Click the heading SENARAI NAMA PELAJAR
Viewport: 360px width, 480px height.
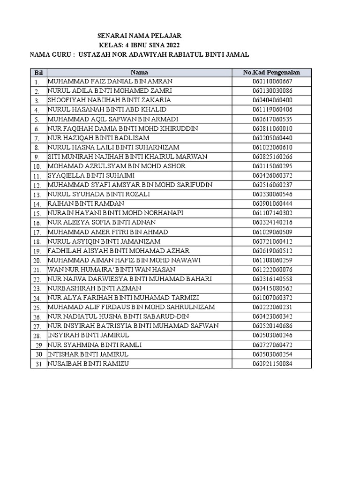coord(139,36)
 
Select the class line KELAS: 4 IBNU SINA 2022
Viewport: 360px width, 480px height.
coord(139,45)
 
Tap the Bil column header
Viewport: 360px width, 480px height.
coord(38,73)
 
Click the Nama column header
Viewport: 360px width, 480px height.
coord(139,72)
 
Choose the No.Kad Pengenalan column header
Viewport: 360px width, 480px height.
coord(271,72)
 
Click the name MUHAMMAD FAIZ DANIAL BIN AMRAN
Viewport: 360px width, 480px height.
coord(110,81)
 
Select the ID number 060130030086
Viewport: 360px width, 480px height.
coord(272,90)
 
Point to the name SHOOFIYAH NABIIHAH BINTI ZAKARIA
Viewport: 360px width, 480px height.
coord(109,100)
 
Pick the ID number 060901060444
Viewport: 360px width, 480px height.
coord(272,203)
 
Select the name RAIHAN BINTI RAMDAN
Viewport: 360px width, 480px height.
coord(86,203)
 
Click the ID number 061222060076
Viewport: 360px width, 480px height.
coord(272,269)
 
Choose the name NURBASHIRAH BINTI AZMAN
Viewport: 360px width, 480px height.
coord(94,288)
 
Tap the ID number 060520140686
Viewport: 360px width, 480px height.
coord(272,325)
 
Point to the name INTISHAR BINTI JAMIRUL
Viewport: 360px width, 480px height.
coord(88,354)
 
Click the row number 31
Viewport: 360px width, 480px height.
coord(38,364)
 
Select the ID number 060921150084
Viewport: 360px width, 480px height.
coord(272,363)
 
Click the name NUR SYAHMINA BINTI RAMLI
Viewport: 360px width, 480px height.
coord(95,345)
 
